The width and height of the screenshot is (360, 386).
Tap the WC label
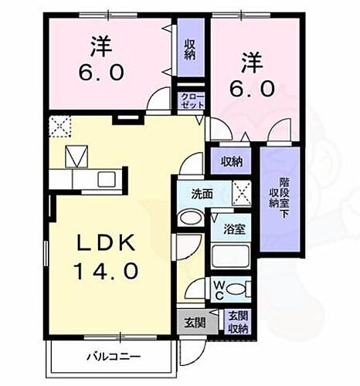219,290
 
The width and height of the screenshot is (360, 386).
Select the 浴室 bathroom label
234,230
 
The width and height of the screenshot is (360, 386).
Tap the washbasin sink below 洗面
188,217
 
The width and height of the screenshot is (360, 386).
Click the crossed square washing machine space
242,191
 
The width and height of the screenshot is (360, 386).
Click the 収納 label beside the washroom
231,162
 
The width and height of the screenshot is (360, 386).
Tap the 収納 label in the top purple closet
189,49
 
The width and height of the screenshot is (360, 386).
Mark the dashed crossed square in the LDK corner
59,124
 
